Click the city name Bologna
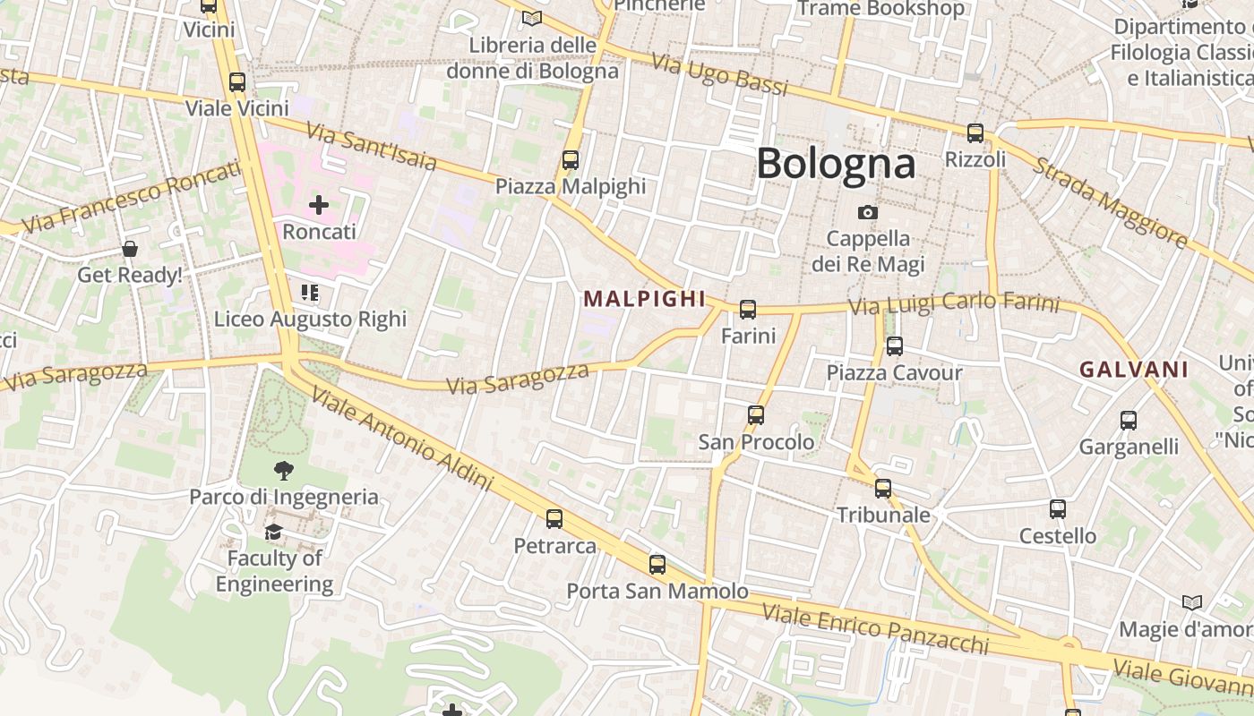click(x=836, y=164)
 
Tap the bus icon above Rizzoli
click(x=975, y=133)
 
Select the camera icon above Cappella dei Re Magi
click(x=867, y=212)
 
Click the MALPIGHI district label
click(x=644, y=299)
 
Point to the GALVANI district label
click(x=1133, y=369)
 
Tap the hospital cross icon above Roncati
click(x=319, y=205)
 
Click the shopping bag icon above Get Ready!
click(x=130, y=248)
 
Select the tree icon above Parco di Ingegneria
click(x=283, y=470)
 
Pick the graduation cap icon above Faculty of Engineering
click(x=273, y=532)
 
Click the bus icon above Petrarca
click(x=554, y=518)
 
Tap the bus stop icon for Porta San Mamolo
click(x=657, y=564)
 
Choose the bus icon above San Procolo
click(x=756, y=415)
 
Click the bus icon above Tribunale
click(x=883, y=488)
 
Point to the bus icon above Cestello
click(x=1058, y=509)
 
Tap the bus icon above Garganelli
click(x=1129, y=420)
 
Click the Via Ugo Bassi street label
click(x=719, y=74)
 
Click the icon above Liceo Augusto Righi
click(x=310, y=293)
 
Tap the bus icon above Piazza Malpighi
click(x=571, y=160)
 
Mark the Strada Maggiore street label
click(x=1110, y=204)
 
